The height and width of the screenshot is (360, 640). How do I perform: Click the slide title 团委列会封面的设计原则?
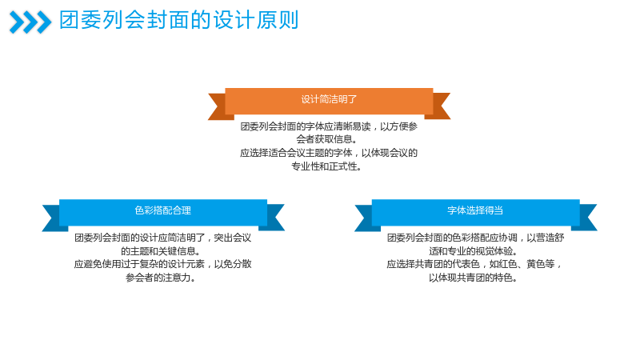click(x=178, y=21)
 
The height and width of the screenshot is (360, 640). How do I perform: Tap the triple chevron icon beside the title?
click(x=30, y=22)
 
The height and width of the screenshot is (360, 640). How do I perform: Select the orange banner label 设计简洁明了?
click(x=329, y=99)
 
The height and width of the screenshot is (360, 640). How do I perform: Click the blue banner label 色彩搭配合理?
click(x=163, y=210)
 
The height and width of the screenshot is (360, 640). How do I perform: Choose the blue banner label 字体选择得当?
click(x=475, y=210)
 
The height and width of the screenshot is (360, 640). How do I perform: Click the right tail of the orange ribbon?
click(x=439, y=106)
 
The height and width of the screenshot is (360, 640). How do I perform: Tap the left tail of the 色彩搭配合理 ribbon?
click(x=52, y=218)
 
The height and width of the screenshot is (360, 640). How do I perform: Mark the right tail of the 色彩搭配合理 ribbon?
click(x=274, y=218)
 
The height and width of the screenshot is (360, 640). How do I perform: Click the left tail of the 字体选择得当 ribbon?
click(x=365, y=218)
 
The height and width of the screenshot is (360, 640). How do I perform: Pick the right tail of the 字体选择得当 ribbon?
click(x=586, y=218)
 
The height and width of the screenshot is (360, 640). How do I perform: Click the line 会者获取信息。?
click(x=327, y=139)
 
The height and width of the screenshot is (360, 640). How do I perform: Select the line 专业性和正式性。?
click(x=327, y=166)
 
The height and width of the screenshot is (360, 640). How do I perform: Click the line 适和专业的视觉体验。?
click(x=474, y=250)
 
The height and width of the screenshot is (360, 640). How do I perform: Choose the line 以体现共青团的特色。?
click(x=474, y=278)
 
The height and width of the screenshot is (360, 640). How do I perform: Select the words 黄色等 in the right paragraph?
click(x=541, y=264)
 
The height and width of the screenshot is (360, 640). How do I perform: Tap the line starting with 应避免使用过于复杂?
click(x=162, y=264)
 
